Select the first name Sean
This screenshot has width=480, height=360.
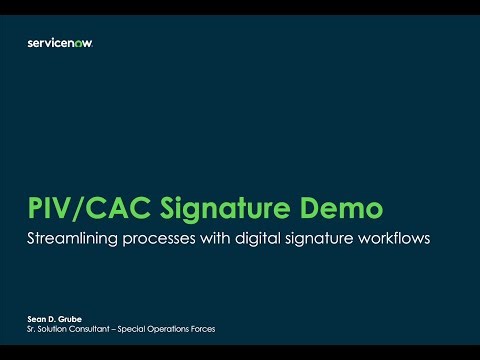pos(35,319)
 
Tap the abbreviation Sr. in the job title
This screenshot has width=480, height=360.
pos(30,329)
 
